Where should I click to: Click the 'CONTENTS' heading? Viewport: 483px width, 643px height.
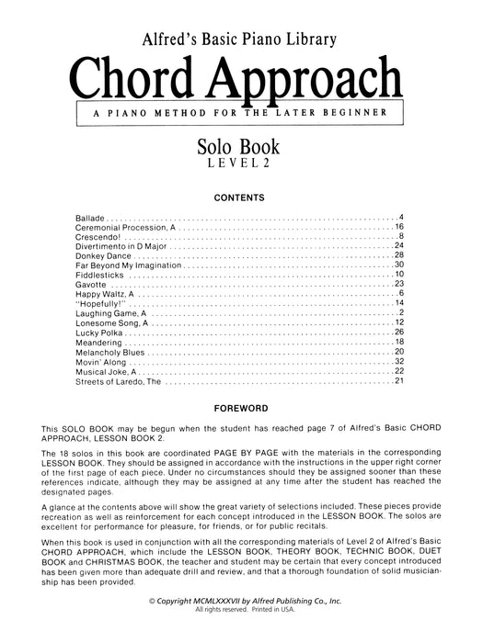point(241,197)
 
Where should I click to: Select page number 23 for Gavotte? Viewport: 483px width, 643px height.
point(400,285)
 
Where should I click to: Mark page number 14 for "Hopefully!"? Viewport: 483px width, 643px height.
point(400,304)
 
